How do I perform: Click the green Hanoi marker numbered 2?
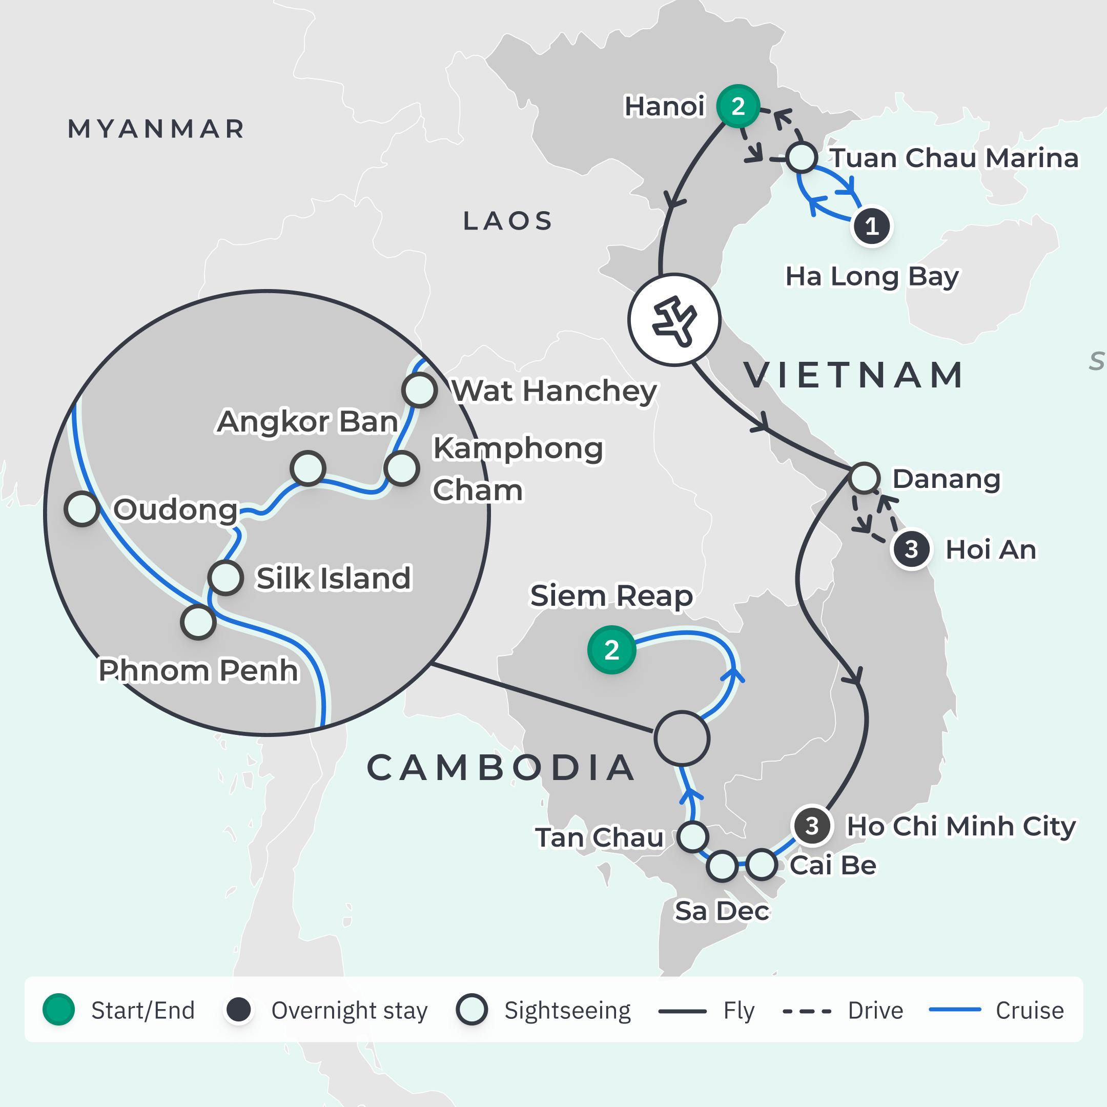738,106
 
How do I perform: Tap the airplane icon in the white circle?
674,320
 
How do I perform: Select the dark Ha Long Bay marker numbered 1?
871,227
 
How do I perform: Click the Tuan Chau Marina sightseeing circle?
801,157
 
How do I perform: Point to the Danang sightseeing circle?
864,477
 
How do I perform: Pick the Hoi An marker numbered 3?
911,549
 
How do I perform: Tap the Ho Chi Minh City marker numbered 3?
811,826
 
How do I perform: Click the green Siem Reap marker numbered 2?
611,650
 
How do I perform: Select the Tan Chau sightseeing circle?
693,836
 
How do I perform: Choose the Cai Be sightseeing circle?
762,865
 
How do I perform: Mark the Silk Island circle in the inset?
225,577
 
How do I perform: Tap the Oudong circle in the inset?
82,508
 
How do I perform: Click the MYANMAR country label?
156,129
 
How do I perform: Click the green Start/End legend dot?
58,1010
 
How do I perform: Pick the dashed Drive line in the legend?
807,1011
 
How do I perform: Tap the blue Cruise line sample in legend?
955,1010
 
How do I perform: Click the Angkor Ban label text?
307,422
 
